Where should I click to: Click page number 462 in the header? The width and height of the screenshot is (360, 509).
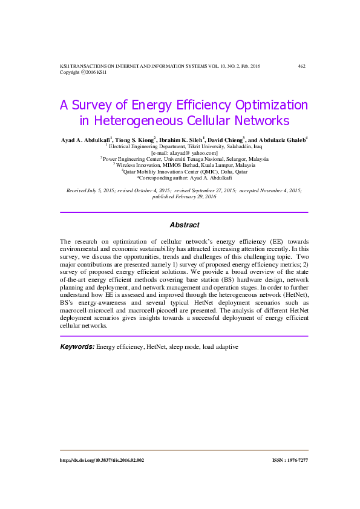pos(301,66)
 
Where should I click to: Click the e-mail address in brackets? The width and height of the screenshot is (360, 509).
pos(184,152)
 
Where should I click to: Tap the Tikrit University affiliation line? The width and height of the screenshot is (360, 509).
pos(185,146)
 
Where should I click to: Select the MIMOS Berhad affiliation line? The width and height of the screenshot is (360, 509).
pos(185,165)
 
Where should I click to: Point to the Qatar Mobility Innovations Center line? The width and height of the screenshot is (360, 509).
pos(185,172)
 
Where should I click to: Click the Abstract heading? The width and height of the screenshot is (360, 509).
pos(184,225)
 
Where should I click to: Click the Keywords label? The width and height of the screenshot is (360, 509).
pos(77,347)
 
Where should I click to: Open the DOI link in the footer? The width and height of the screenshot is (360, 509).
pos(102,460)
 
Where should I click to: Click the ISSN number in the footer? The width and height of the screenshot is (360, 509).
pos(290,460)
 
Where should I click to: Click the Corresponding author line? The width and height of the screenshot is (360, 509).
pos(184,178)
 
